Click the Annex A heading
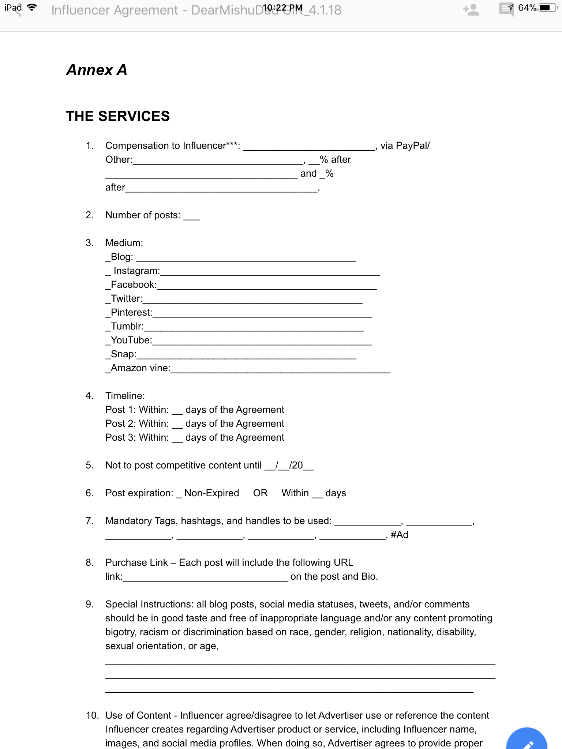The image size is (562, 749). click(x=97, y=70)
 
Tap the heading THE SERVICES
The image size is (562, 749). click(x=118, y=116)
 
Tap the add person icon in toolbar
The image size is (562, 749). click(x=471, y=10)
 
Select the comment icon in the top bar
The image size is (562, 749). click(x=506, y=9)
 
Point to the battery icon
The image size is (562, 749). click(x=547, y=8)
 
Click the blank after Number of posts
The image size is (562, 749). click(x=191, y=216)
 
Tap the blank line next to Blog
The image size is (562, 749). click(x=246, y=257)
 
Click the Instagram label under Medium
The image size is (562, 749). click(x=136, y=271)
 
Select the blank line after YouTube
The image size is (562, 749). click(x=262, y=341)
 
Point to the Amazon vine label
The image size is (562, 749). click(x=140, y=368)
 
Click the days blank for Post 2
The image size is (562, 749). click(x=177, y=424)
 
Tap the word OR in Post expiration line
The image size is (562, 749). click(x=260, y=493)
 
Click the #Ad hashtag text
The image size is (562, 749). click(x=399, y=535)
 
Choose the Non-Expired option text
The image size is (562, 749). click(x=211, y=493)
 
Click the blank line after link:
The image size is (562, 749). click(x=205, y=577)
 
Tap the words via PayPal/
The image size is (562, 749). click(x=405, y=146)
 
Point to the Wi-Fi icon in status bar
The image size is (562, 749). click(x=32, y=8)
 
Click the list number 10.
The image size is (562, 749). click(x=92, y=715)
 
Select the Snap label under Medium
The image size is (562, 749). click(x=123, y=354)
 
